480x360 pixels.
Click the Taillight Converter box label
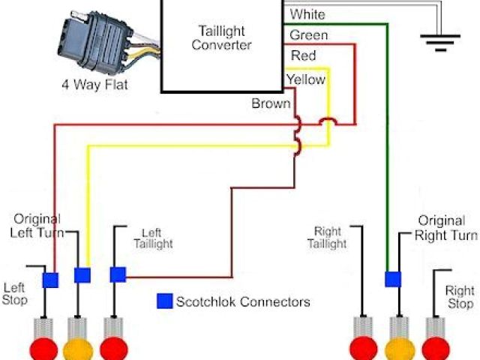(221, 37)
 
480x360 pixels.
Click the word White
(307, 14)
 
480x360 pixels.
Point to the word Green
(308, 35)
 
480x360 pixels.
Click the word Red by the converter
(303, 56)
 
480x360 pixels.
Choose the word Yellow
(305, 79)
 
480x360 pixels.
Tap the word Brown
(271, 103)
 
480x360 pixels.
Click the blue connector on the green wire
(392, 279)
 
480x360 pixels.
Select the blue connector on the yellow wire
(82, 274)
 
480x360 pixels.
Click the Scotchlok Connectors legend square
(164, 301)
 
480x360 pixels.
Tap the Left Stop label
(15, 294)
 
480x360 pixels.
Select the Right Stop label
(459, 297)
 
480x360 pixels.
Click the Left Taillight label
(153, 238)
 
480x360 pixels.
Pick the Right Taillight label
(326, 238)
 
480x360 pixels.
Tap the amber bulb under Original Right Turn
(400, 349)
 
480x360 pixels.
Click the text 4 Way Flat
(94, 85)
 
